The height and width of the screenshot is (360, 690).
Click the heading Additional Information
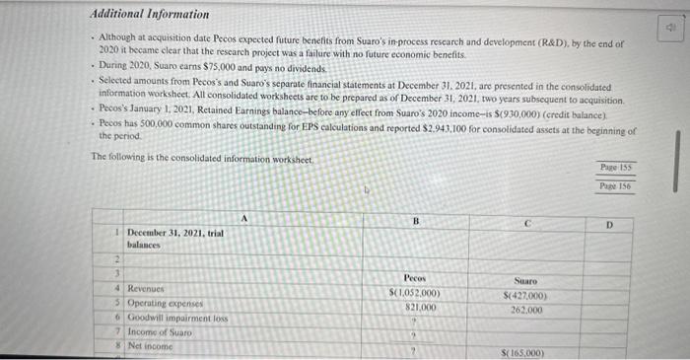pos(150,14)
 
